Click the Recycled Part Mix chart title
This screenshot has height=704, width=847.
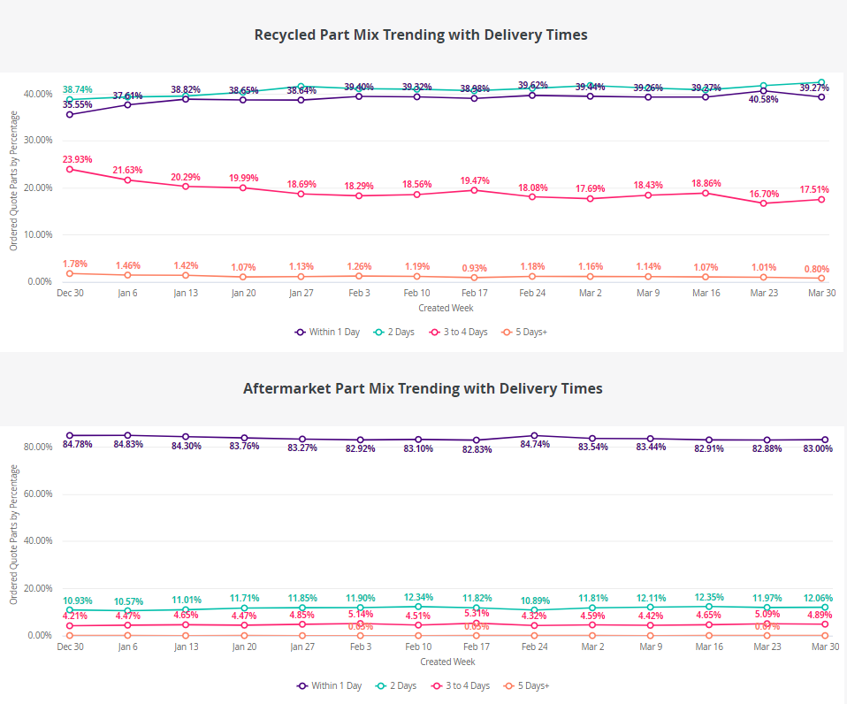[421, 34]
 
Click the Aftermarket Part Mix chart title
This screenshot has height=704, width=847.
[423, 388]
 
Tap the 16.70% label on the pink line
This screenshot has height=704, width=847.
[763, 193]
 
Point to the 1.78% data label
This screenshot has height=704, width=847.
[75, 264]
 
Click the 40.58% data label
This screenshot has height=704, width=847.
[763, 99]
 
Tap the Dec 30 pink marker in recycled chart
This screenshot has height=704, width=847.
[70, 169]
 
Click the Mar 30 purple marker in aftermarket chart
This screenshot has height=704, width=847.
[825, 440]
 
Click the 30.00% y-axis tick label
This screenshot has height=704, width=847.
[36, 141]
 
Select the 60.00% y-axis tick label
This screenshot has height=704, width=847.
[36, 494]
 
